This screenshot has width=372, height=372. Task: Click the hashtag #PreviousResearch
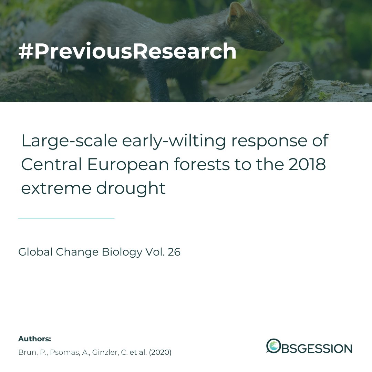click(127, 51)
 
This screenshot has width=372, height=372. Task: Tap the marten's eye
click(259, 32)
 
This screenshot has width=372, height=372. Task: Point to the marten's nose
click(282, 41)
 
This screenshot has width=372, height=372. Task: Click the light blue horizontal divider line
click(66, 218)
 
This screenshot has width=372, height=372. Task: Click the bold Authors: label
click(34, 339)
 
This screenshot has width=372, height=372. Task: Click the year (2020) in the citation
click(160, 353)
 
